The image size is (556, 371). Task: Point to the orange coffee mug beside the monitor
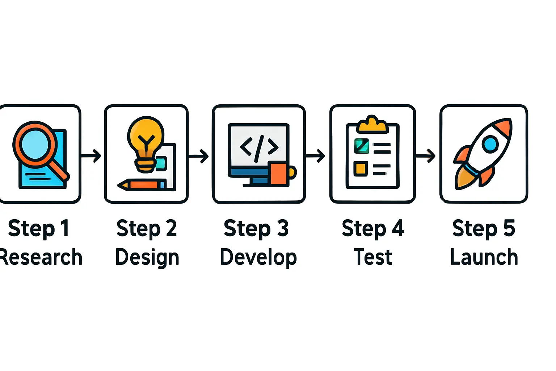280,174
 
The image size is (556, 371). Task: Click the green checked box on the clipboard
361,146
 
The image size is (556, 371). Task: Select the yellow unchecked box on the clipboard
361,169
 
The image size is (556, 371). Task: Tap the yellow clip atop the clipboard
372,125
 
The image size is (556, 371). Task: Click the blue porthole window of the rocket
490,144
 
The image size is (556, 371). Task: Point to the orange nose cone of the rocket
504,127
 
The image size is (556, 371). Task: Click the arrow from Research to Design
91,156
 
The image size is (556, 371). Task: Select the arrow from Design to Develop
199,156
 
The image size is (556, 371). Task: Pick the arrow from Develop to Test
316,156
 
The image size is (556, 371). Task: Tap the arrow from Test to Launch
426,156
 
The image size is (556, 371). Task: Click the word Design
147,258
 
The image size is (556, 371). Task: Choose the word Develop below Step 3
258,258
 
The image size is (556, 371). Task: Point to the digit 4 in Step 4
398,228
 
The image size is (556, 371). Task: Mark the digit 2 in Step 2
171,228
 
